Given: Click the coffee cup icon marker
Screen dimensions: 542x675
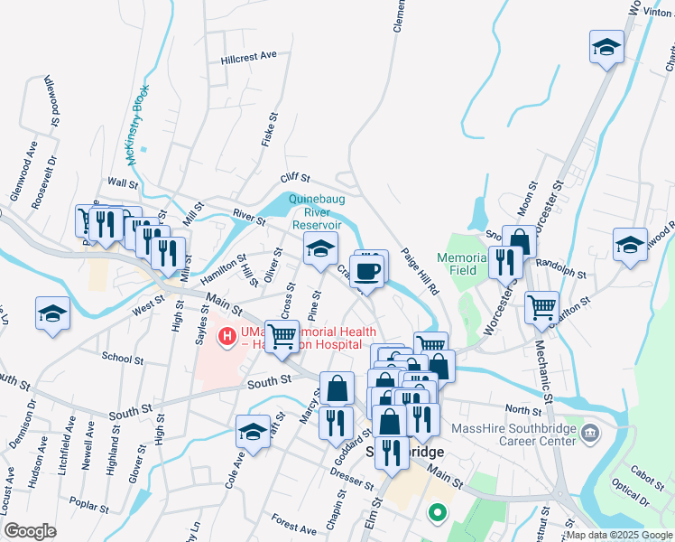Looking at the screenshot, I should [x=369, y=270].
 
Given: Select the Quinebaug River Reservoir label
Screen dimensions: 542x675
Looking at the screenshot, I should [x=315, y=211].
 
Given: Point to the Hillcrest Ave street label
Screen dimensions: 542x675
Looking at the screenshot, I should [x=248, y=56].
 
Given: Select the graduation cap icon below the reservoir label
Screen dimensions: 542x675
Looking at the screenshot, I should [x=319, y=249].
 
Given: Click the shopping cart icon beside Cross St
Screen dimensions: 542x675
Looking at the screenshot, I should [x=282, y=336].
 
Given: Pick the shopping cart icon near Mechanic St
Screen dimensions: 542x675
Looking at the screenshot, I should [x=541, y=307].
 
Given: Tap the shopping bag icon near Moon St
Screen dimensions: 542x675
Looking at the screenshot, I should [x=520, y=242].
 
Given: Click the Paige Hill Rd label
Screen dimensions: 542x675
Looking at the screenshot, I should [x=420, y=272].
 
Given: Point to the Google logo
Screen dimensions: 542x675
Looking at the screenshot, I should [x=31, y=531].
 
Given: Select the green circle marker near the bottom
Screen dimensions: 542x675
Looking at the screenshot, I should [x=438, y=514].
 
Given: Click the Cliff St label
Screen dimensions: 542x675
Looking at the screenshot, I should [x=295, y=179].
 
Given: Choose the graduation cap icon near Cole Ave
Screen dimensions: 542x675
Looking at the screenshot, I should [x=254, y=431].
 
